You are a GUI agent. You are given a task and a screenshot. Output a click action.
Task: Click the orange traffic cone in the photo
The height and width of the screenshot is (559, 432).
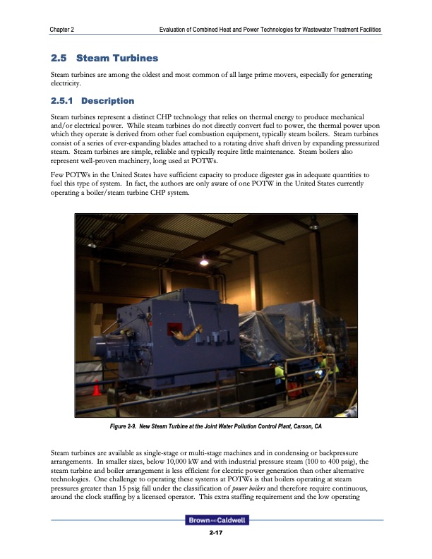tap(97, 390)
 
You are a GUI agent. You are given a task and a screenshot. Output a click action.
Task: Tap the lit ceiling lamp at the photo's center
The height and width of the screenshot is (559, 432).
tap(205, 262)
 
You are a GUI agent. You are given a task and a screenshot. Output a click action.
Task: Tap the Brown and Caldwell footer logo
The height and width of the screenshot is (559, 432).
tap(215, 521)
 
